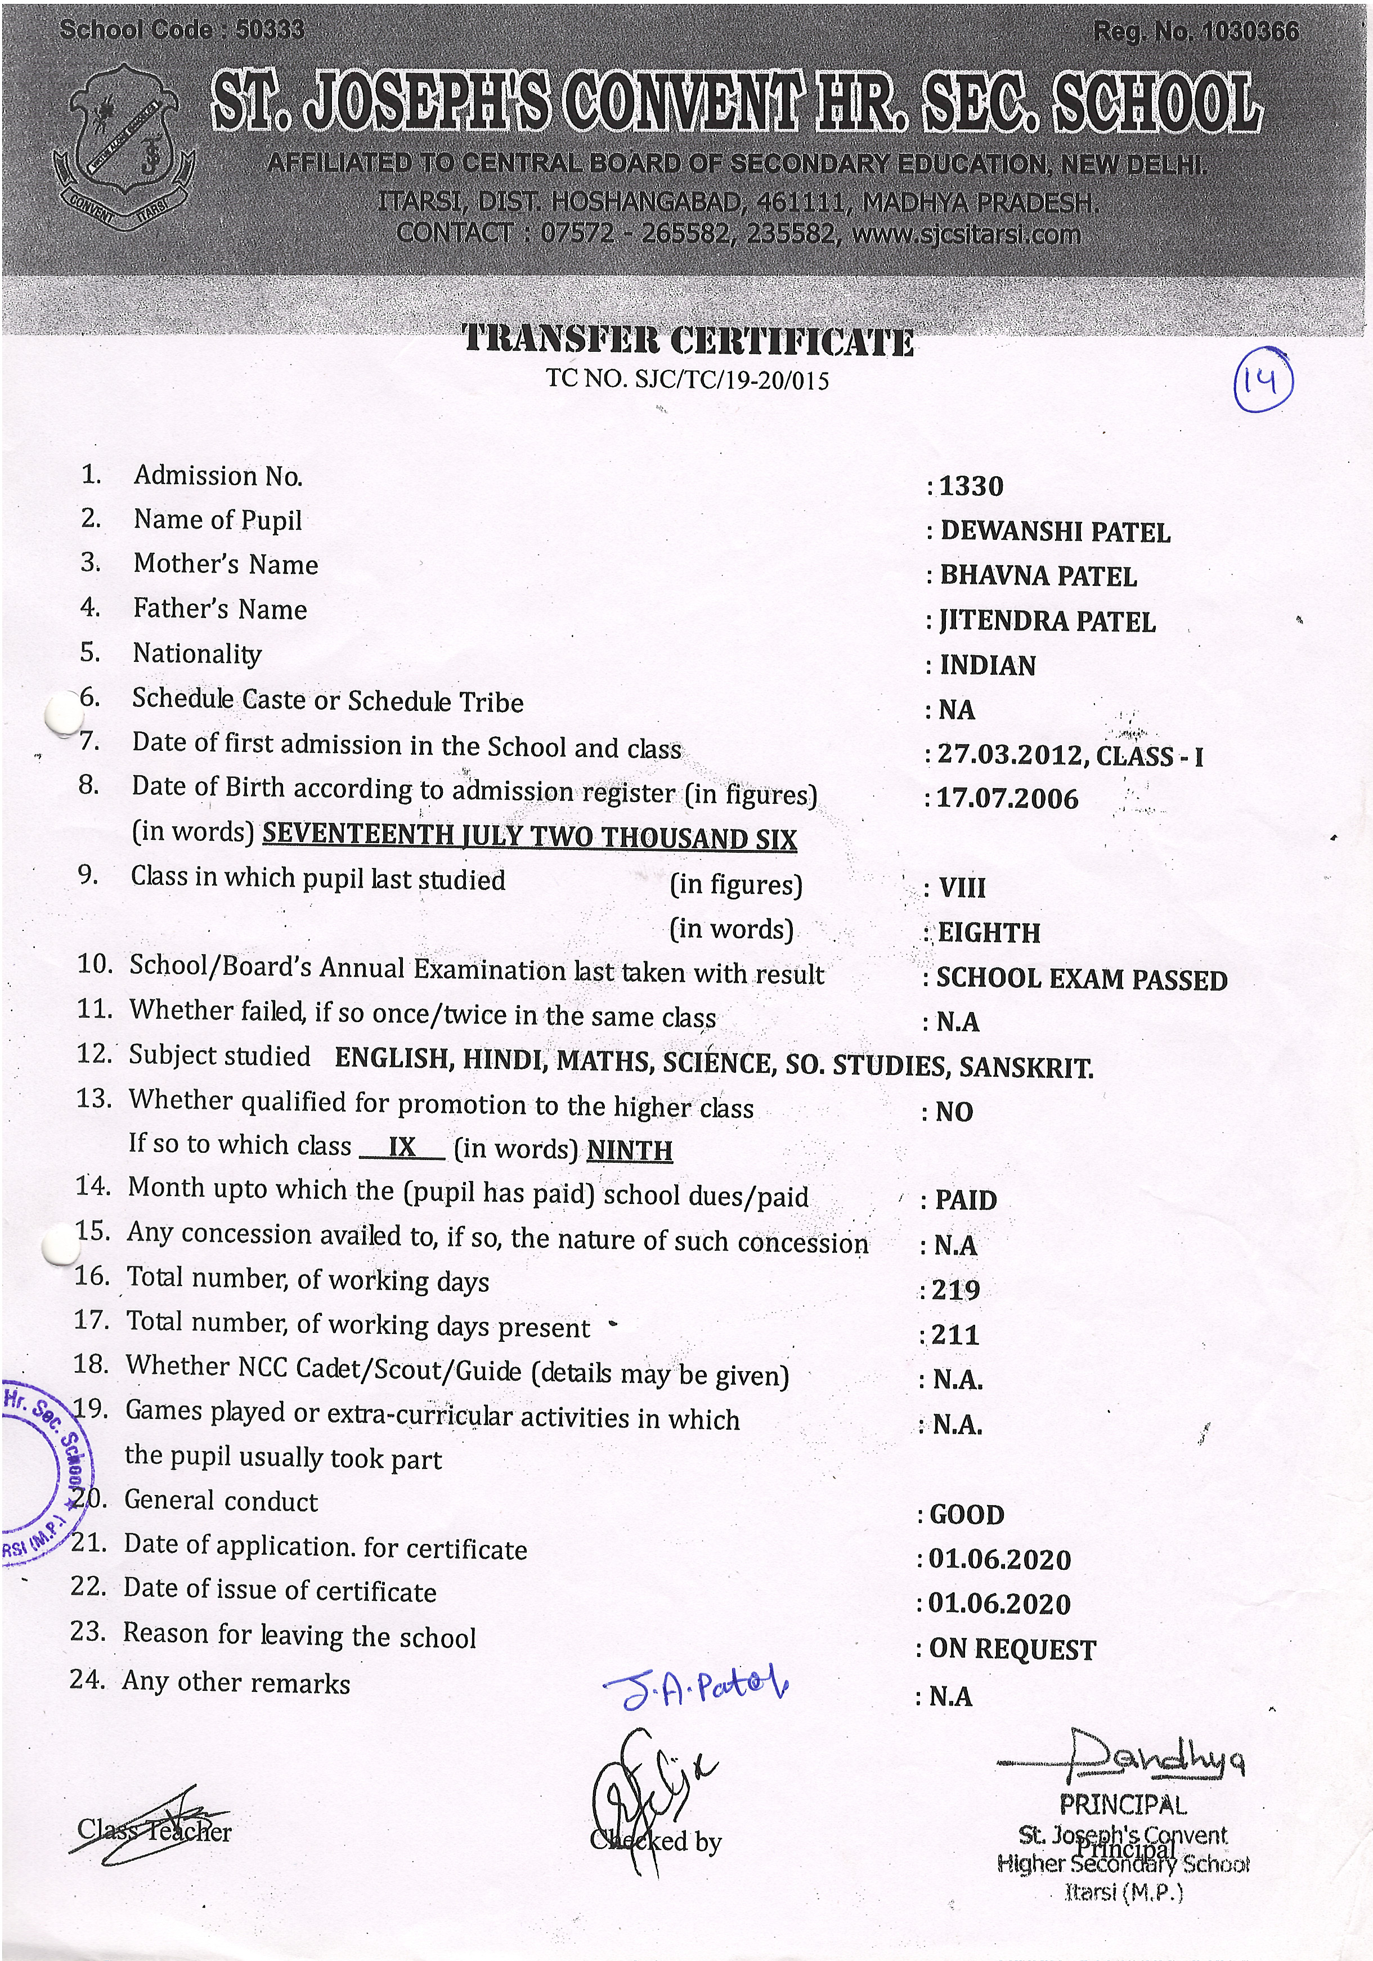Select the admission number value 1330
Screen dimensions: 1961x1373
point(971,486)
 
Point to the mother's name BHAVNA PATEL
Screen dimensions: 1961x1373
point(1038,576)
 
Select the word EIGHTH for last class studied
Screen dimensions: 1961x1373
point(989,933)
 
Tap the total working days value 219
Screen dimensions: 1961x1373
point(955,1290)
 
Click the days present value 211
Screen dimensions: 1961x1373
point(954,1334)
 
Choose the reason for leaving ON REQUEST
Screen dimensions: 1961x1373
point(1012,1649)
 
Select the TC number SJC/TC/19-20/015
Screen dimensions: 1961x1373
point(732,380)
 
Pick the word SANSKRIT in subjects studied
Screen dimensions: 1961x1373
point(1025,1067)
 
